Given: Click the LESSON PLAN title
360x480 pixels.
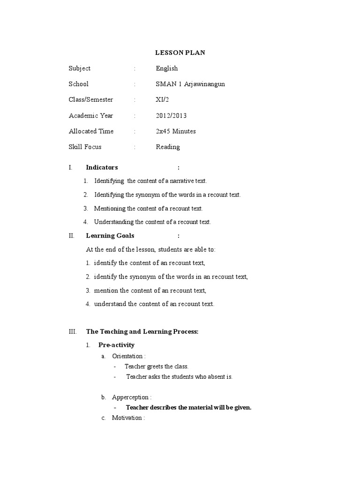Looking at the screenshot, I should tap(180, 52).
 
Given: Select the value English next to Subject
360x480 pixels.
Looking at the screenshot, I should tap(166, 68).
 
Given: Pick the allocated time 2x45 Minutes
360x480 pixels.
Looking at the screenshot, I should tap(176, 131).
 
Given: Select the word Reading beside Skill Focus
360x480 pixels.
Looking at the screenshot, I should tap(167, 147).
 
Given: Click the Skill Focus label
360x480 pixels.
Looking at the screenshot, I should tap(85, 147).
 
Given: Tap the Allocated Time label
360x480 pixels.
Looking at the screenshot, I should tap(91, 131).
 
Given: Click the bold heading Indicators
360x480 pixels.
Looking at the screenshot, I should tap(102, 167).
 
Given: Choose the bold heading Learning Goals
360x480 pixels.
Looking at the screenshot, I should tap(110, 236).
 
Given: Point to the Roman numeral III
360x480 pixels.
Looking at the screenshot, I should tap(72, 332).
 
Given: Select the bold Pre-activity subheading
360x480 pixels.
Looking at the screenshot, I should tap(116, 345).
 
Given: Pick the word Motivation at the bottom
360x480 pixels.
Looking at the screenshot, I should tap(127, 418).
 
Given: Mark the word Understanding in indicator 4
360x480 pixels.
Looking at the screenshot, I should tap(113, 222).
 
